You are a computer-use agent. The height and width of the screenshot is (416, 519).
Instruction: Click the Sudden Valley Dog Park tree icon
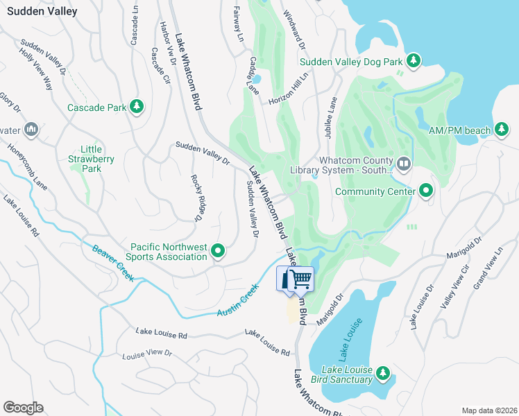(414, 62)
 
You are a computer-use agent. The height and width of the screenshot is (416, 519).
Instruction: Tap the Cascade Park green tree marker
(137, 107)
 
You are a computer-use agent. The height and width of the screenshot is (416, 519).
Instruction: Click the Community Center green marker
(425, 191)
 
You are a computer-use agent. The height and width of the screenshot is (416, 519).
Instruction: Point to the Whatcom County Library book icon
(404, 165)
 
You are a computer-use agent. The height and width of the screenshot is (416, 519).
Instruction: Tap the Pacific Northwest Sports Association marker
(218, 251)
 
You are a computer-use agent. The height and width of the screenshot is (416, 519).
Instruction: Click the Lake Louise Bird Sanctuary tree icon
(382, 374)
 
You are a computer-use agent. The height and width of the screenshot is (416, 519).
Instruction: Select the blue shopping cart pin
(300, 279)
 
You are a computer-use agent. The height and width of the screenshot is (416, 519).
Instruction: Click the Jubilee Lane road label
(330, 115)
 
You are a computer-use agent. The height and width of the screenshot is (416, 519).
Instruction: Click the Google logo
(23, 408)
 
